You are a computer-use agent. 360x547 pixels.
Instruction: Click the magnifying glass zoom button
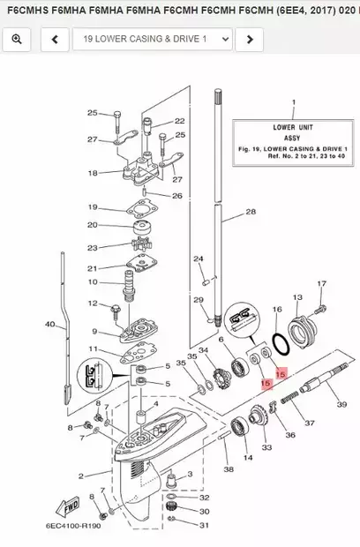click(x=17, y=40)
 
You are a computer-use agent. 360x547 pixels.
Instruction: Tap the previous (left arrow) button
click(x=55, y=40)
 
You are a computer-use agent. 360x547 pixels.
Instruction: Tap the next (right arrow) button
click(x=250, y=40)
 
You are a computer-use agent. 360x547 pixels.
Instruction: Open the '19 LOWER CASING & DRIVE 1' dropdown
click(x=153, y=40)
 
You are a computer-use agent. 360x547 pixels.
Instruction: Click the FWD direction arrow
click(x=68, y=507)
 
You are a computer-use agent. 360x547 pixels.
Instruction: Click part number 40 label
click(x=50, y=324)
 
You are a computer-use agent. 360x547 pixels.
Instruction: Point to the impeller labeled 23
click(x=142, y=244)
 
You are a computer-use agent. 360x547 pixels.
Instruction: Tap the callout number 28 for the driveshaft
click(x=251, y=212)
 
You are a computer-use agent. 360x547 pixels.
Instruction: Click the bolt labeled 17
click(x=320, y=309)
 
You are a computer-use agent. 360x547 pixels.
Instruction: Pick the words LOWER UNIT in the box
click(x=293, y=127)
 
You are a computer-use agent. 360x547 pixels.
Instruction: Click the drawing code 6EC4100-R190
click(x=73, y=525)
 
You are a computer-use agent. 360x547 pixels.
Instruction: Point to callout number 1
click(x=294, y=102)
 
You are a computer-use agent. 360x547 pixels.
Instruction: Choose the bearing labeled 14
click(x=239, y=427)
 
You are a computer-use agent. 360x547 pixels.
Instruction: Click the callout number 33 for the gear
click(x=266, y=447)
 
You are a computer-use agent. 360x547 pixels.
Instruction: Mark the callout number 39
click(x=341, y=404)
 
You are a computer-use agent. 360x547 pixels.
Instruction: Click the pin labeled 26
click(x=145, y=191)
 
